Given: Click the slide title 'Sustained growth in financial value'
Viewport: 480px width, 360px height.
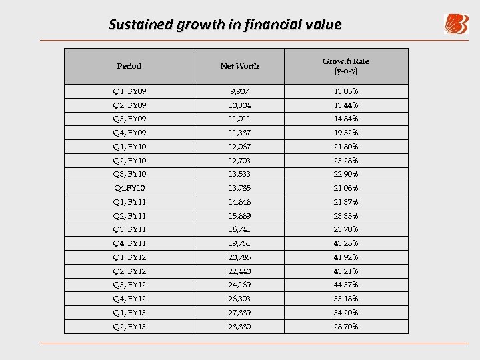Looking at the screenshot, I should coord(225,25).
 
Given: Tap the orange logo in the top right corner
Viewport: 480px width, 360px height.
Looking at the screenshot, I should coord(456,24).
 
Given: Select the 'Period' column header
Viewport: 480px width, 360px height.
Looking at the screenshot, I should coord(129,66).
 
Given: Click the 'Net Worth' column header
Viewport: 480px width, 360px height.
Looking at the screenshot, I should coord(239,66).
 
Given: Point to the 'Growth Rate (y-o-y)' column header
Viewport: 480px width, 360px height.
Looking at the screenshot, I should coord(346,65).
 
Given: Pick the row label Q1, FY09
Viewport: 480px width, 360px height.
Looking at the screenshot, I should coord(129,91).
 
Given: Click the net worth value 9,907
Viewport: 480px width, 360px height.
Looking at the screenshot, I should coord(239,91).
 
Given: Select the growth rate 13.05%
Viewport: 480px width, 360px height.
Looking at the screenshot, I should coord(346,91).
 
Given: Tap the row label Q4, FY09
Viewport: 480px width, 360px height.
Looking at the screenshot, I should coord(129,133).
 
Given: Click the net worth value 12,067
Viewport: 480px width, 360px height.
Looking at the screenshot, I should coord(239,147).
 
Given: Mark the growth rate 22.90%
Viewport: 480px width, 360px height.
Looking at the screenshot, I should coord(346,174).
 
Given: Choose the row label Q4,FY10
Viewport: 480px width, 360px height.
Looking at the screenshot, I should coord(129,188).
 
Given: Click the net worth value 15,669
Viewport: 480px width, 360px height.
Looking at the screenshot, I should coord(239,216).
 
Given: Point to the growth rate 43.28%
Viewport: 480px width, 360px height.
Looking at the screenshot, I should coord(346,243).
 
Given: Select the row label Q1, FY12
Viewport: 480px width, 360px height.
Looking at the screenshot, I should coord(129,257).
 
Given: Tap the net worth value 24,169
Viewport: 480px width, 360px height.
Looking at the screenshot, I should coord(239,285).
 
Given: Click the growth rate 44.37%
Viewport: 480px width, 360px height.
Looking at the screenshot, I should coord(346,285).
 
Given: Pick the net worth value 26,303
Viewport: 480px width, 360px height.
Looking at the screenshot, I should coord(239,299).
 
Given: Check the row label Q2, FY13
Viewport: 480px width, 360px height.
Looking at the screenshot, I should coord(129,327).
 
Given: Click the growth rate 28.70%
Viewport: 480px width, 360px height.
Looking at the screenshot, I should coord(346,327).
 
